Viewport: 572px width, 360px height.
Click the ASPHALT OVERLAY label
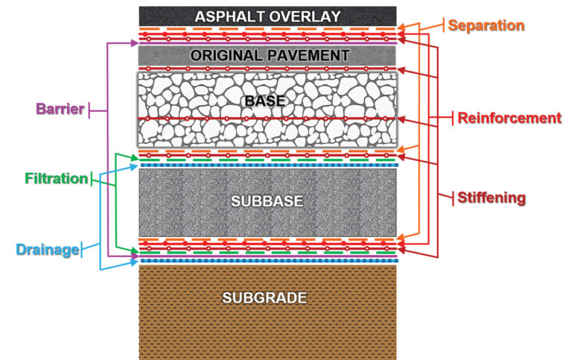[267, 16]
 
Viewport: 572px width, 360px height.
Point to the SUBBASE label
[267, 201]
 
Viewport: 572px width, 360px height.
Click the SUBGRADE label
[264, 298]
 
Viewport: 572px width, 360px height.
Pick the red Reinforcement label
[509, 118]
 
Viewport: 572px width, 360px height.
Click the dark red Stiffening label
[492, 198]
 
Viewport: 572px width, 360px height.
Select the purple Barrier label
[57, 109]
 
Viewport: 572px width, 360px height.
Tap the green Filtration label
[54, 179]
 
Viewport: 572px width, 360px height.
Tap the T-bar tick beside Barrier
[90, 110]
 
